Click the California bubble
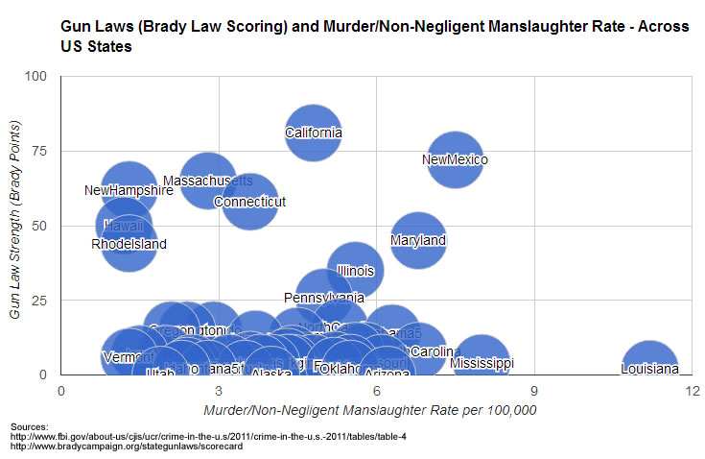pos(313,133)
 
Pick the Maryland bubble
pos(418,240)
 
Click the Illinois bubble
pos(356,270)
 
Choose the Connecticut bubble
pos(249,202)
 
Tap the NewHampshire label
pos(129,190)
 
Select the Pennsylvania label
pos(324,298)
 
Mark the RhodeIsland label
pos(129,244)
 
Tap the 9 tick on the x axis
pos(534,391)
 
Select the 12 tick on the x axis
pos(691,391)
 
